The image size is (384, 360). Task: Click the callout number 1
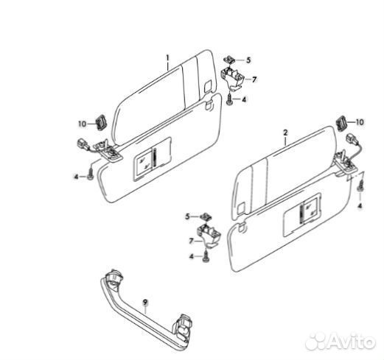click(168, 58)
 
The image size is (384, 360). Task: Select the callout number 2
click(285, 133)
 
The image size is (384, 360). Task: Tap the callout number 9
click(145, 302)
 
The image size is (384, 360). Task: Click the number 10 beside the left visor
click(83, 124)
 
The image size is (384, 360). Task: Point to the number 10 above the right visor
click(360, 122)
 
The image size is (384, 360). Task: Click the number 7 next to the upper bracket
click(254, 80)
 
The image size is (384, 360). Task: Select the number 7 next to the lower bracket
click(192, 241)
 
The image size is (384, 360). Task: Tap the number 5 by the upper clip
click(248, 60)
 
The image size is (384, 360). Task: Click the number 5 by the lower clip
click(187, 216)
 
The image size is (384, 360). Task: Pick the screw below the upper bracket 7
click(229, 100)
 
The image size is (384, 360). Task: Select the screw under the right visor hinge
click(360, 186)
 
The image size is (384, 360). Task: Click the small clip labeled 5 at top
click(229, 60)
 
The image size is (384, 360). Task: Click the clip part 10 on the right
click(341, 122)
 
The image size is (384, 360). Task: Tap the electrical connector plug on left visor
click(83, 144)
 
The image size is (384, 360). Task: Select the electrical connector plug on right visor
click(351, 138)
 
